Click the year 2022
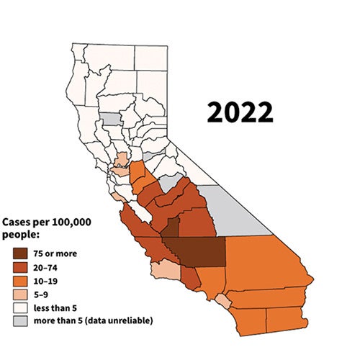tap(240, 112)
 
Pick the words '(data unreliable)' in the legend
tap(119, 320)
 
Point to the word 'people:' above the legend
tap(22, 235)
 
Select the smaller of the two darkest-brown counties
tap(170, 228)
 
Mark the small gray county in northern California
tap(109, 119)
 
